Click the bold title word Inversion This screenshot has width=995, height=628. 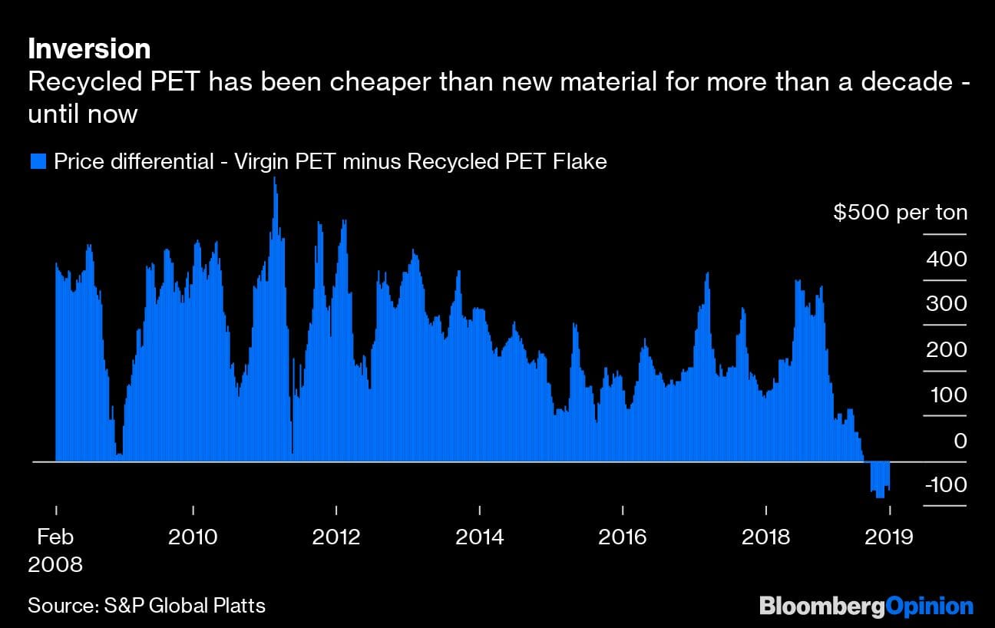(89, 49)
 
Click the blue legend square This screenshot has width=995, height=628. (37, 161)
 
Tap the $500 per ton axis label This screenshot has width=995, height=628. (901, 213)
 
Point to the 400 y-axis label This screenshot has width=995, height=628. (946, 259)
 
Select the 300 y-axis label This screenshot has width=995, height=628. (946, 304)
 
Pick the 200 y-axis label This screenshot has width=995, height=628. (946, 349)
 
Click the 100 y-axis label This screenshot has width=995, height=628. (946, 395)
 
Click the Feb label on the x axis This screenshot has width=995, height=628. (55, 536)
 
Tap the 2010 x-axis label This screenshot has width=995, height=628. (193, 536)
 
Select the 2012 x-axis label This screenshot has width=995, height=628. (336, 536)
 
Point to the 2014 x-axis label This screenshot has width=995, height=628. (480, 536)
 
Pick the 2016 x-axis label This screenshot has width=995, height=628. (623, 536)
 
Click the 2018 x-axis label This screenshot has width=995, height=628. (765, 536)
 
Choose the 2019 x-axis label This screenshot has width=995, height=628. (889, 536)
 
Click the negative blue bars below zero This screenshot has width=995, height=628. (879, 479)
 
